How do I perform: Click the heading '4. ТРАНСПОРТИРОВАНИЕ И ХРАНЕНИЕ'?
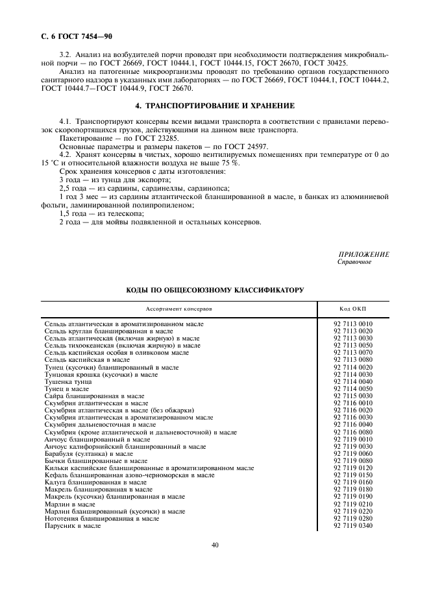tap(214, 105)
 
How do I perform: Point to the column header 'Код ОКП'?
tap(353, 309)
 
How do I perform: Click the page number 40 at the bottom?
tap(214, 545)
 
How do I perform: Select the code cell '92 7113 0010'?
tap(353, 323)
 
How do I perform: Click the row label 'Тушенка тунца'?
tap(67, 382)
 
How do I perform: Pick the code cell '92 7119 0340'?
tap(353, 526)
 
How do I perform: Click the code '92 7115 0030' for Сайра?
tap(353, 396)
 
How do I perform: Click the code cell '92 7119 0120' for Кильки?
tap(353, 468)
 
